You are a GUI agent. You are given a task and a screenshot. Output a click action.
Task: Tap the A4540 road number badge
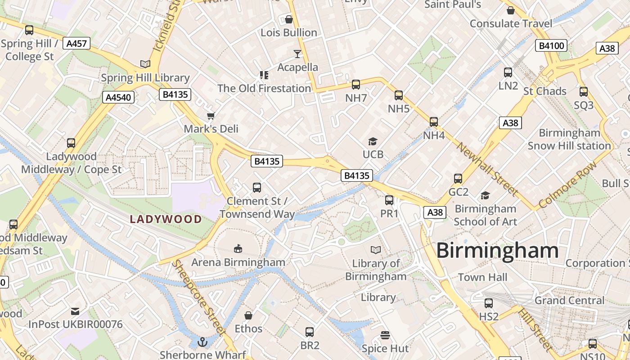point(118,97)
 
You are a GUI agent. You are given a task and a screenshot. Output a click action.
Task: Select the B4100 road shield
point(551,45)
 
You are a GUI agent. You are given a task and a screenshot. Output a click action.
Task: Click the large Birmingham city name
point(497,251)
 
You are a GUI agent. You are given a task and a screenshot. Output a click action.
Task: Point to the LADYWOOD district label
point(166,220)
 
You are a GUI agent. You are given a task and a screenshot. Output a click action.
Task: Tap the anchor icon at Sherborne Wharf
point(202,342)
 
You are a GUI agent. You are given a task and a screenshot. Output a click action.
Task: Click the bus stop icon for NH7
point(355,84)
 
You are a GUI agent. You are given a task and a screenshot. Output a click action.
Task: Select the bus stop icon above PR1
point(389,200)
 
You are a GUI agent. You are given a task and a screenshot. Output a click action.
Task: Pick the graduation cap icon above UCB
point(373,142)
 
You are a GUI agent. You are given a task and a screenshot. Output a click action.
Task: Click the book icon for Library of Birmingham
point(376,250)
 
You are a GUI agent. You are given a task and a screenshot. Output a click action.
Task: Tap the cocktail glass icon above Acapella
point(297,54)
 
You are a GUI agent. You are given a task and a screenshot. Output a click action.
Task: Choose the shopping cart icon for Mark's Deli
point(211,116)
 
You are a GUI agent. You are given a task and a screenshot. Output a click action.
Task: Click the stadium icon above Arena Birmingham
point(238,248)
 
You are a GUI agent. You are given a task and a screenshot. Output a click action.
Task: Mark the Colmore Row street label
point(568,185)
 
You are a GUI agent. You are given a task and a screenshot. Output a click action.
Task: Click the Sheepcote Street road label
point(199,297)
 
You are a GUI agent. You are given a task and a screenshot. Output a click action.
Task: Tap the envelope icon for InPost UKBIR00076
point(75,311)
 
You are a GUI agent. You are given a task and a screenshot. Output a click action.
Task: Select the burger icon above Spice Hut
point(385,335)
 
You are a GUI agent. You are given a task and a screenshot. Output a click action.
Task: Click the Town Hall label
point(482,277)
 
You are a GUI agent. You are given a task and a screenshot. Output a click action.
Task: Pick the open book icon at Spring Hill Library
point(145,64)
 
